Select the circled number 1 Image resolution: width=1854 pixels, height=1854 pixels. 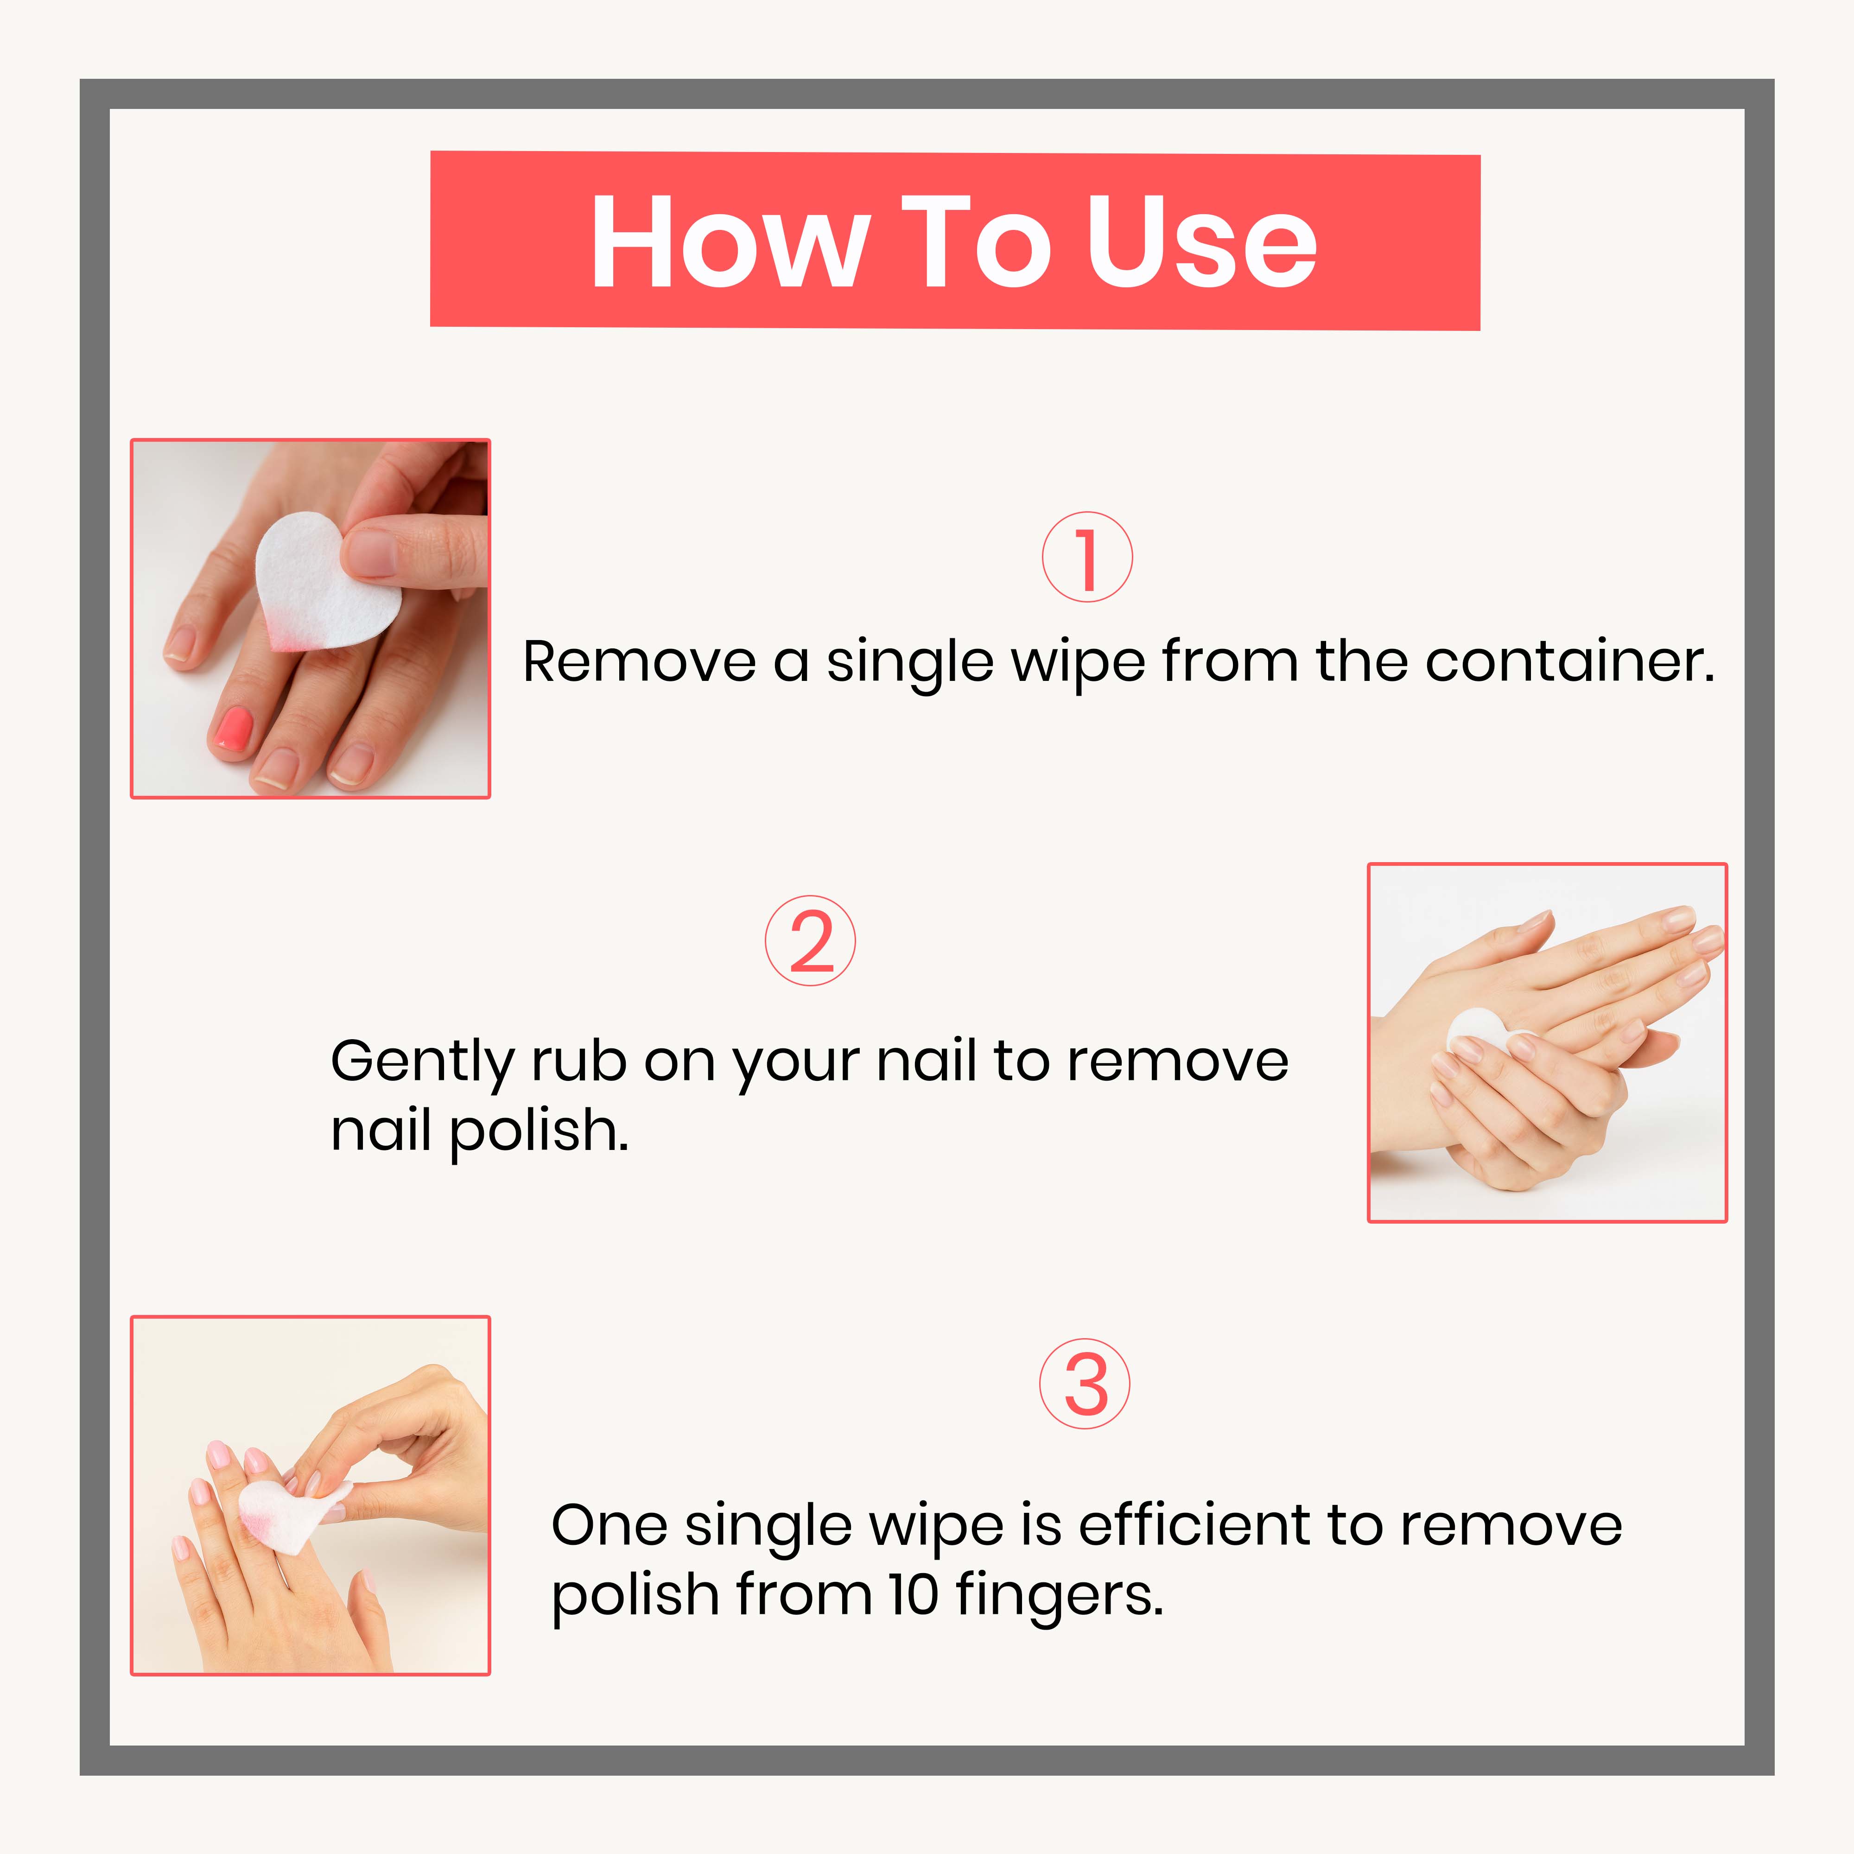(x=1087, y=558)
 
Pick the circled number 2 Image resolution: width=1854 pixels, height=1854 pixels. (x=810, y=940)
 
